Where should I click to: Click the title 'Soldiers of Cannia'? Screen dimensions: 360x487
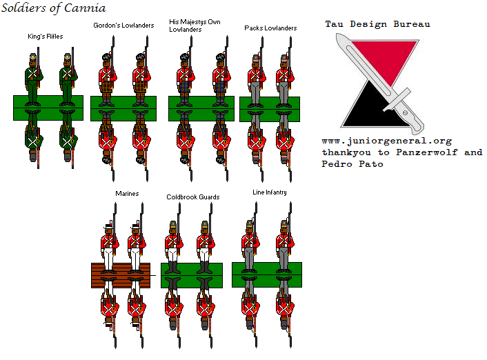(54, 9)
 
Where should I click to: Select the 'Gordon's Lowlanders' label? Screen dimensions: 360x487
(123, 26)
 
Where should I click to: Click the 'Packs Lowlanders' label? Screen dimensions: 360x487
(270, 28)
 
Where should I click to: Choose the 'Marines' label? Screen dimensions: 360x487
(127, 194)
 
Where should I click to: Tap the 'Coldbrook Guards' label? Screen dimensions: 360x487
(193, 197)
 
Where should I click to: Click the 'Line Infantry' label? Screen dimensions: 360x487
(270, 192)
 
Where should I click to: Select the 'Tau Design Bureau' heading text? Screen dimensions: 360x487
(377, 24)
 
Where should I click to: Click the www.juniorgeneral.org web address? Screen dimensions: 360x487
(386, 141)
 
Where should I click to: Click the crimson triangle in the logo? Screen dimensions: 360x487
(390, 55)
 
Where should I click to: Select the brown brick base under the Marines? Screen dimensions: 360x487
(121, 274)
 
